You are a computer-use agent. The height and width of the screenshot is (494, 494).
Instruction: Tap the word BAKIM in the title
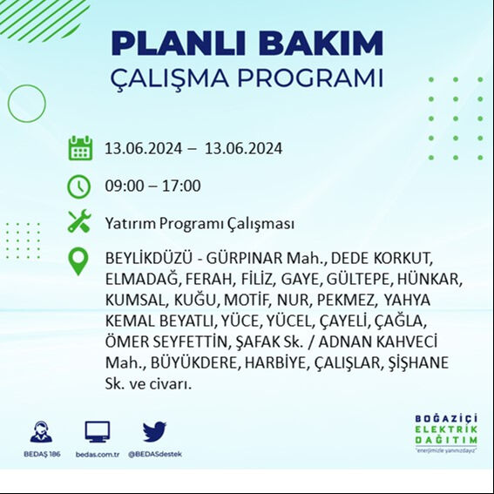point(325,43)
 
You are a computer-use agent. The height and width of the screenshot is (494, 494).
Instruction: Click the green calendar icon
point(80,148)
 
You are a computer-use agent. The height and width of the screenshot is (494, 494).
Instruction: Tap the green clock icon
point(79,186)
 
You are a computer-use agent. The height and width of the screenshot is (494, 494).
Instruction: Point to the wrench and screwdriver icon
point(79,222)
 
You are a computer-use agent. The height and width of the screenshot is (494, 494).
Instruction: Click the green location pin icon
point(79,261)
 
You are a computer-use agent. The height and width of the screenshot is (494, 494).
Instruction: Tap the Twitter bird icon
point(154,431)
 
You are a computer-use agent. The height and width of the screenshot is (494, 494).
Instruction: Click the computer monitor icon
point(97,431)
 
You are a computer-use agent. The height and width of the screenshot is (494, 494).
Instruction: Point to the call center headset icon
point(40,431)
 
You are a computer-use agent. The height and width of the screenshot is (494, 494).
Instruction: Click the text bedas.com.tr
point(96,454)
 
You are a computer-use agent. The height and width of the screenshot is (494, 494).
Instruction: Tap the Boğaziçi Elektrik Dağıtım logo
point(445,434)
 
